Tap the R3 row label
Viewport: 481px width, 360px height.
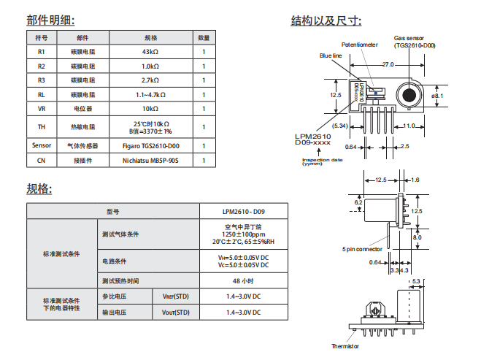click(x=41, y=80)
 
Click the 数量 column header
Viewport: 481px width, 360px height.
click(x=204, y=37)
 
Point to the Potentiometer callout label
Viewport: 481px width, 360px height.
click(x=360, y=45)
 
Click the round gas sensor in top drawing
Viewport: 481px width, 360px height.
click(x=408, y=96)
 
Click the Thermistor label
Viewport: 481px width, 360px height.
click(x=345, y=346)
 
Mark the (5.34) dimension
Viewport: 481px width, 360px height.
click(x=339, y=126)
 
